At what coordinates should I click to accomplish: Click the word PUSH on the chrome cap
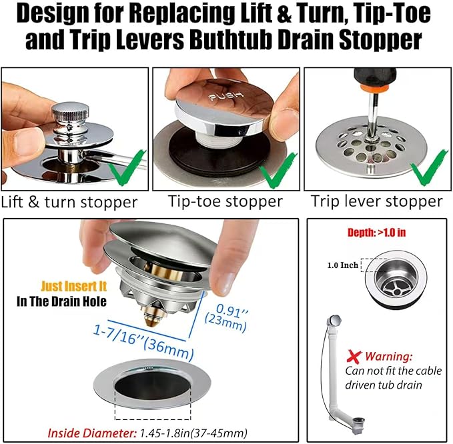click(226, 96)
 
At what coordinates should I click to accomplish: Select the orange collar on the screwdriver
click(375, 87)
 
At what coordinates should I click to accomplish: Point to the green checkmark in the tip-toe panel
click(278, 170)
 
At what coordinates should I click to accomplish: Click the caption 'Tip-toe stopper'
click(225, 201)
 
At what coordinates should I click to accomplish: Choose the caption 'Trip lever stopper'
click(376, 201)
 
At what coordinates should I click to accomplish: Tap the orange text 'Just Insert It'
click(73, 286)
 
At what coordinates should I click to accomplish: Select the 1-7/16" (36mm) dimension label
click(143, 343)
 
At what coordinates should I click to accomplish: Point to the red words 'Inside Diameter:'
click(92, 433)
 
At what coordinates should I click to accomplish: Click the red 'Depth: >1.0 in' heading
click(376, 233)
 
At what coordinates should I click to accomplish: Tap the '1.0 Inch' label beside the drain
click(343, 265)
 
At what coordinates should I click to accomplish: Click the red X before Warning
click(354, 357)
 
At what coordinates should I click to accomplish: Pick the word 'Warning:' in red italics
click(389, 357)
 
